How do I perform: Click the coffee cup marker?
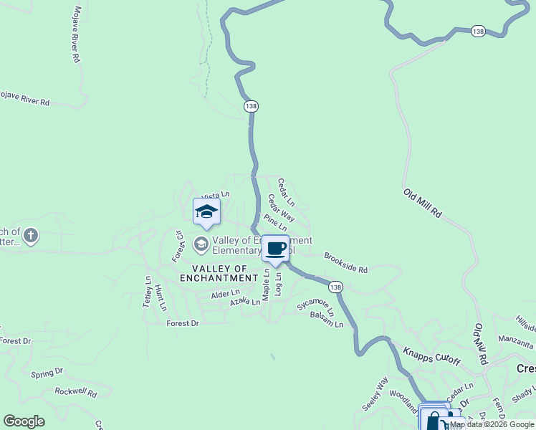pos(275,248)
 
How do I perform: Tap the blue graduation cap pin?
pos(206,211)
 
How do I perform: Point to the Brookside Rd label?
pos(345,262)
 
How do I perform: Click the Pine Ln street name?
pos(275,221)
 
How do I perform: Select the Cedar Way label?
pos(281,207)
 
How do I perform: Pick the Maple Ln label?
pos(266,285)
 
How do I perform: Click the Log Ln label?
pos(278,285)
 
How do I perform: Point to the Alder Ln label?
pos(225,294)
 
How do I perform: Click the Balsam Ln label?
pos(327,320)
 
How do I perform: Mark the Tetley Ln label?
pos(148,292)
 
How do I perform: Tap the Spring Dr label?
pos(47,373)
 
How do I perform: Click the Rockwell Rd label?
pos(76,392)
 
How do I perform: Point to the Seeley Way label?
pos(375,393)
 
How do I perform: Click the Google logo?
pos(24,421)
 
